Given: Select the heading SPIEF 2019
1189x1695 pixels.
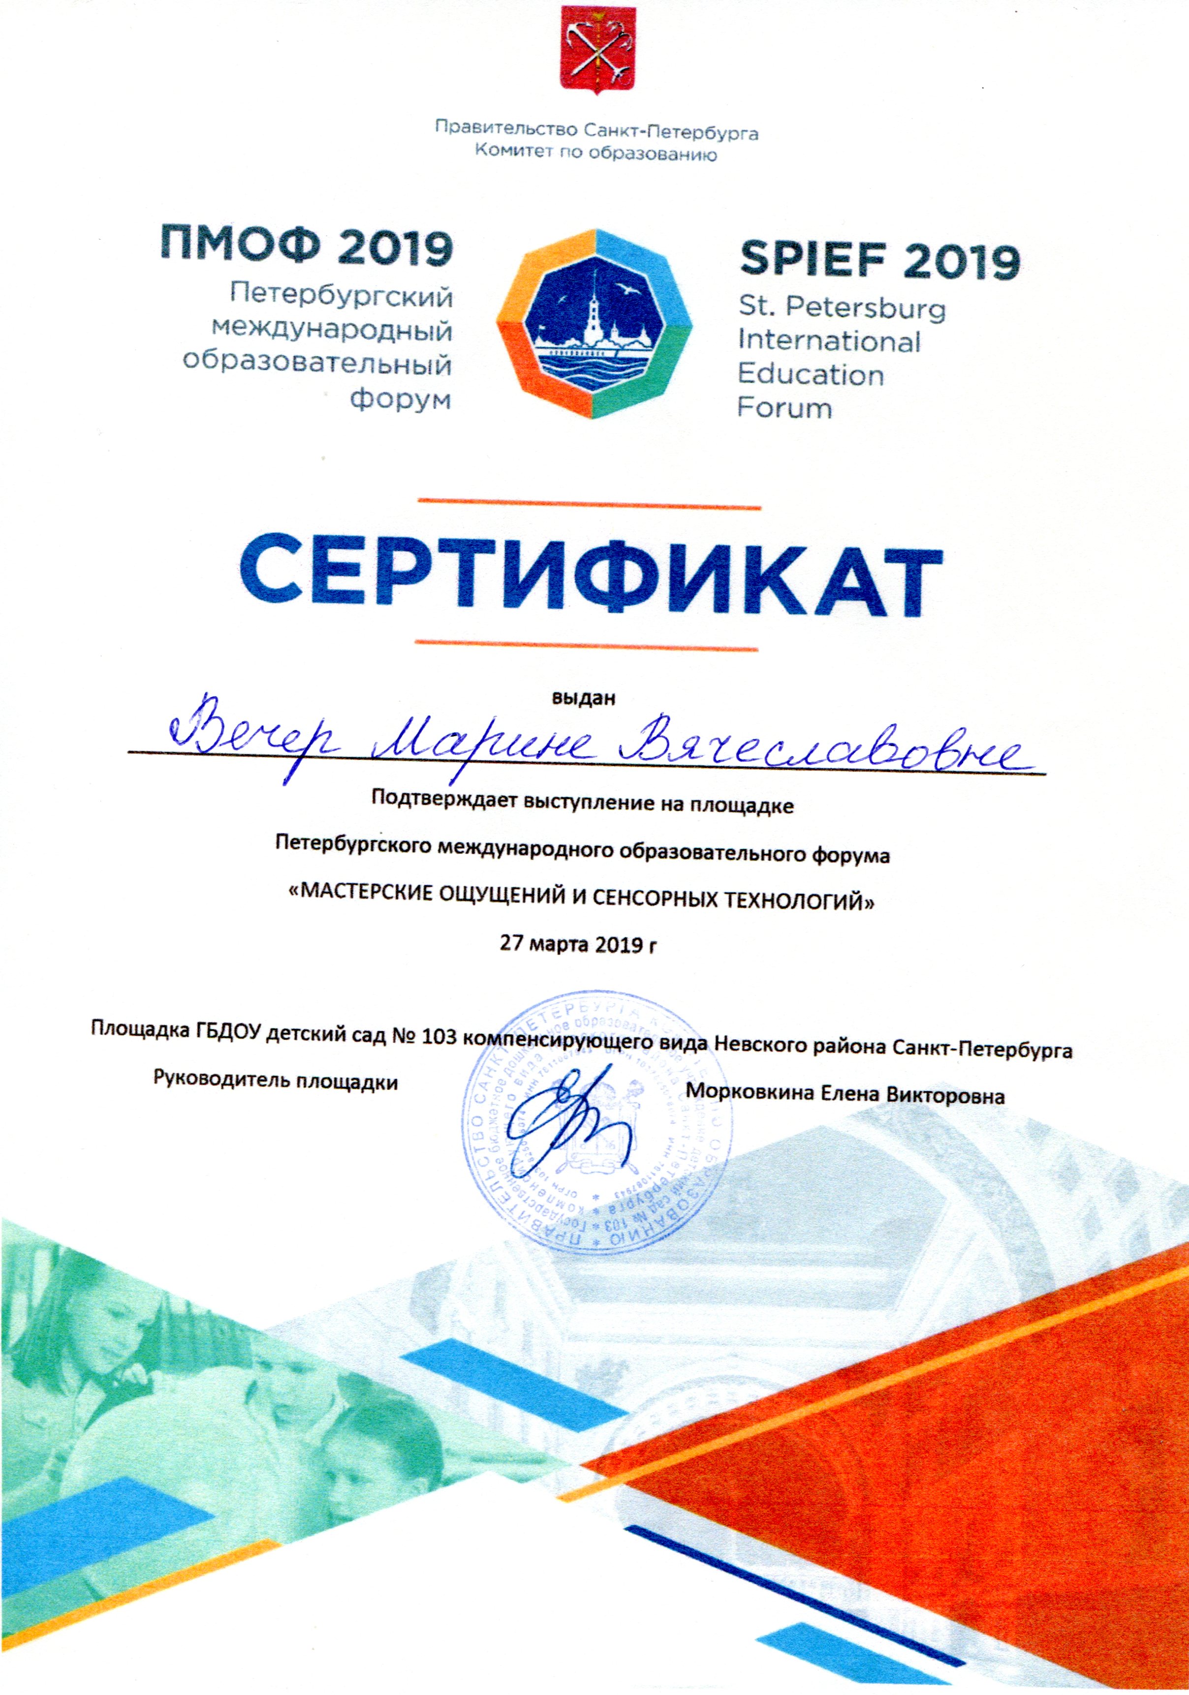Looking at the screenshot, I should click(x=879, y=260).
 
